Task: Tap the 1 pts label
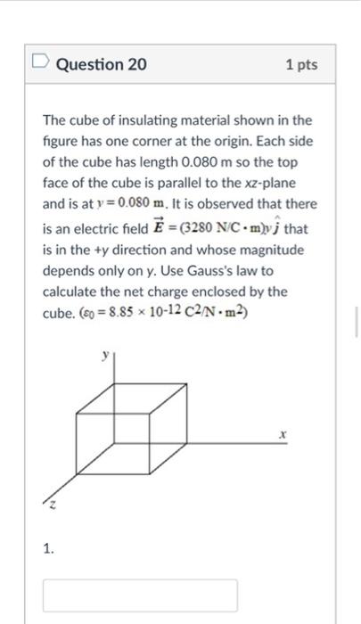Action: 301,65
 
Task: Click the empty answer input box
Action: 140,595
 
